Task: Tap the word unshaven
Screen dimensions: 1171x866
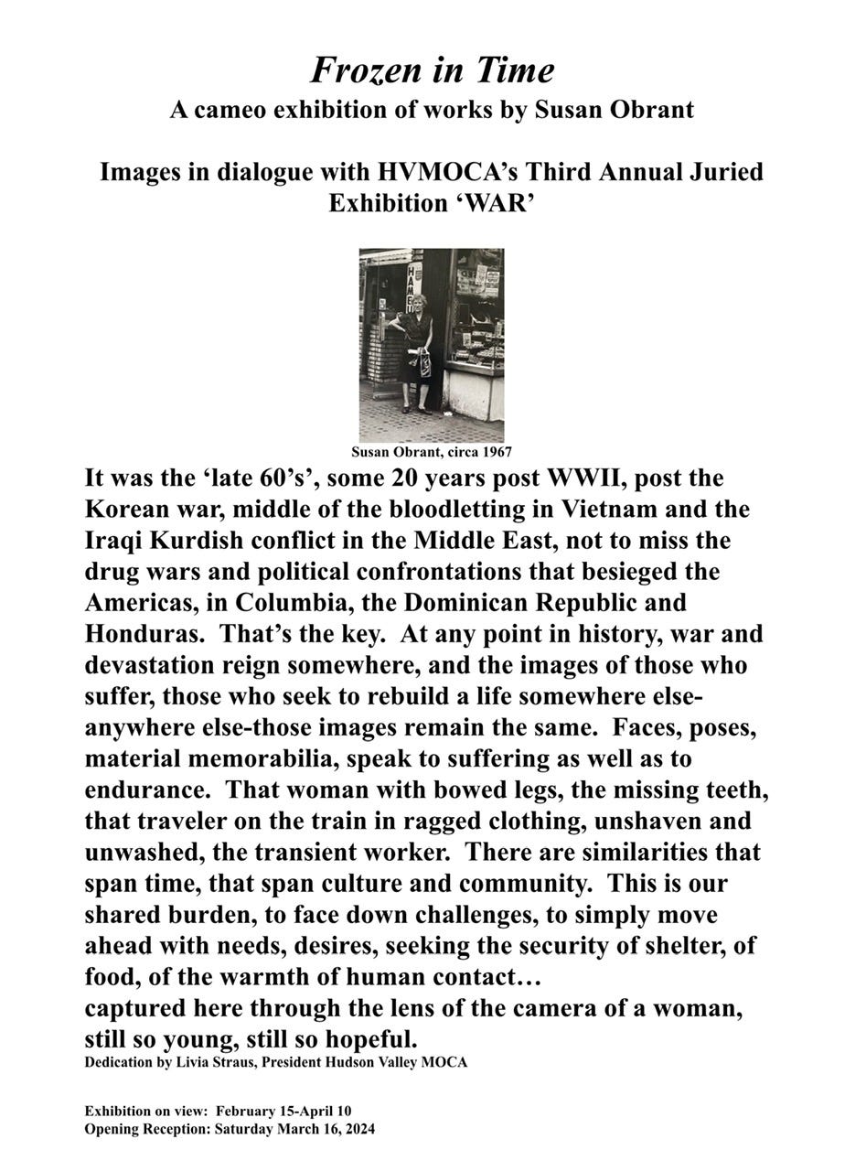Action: click(x=684, y=822)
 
